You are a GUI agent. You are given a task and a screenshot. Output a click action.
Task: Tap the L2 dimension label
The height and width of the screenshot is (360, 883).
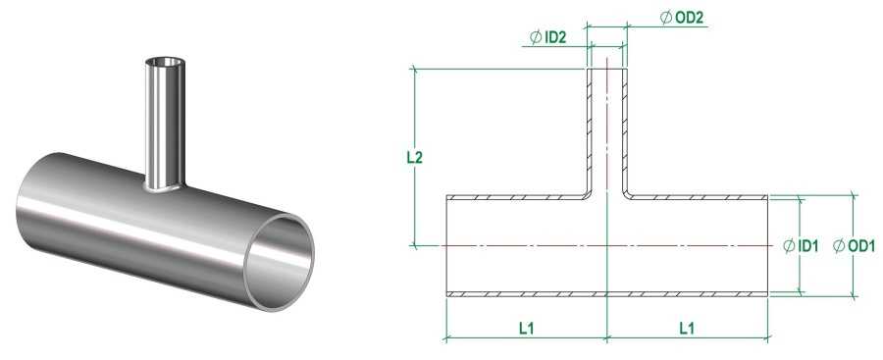click(414, 157)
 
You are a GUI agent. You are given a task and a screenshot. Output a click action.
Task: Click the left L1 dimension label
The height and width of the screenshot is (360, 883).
click(527, 328)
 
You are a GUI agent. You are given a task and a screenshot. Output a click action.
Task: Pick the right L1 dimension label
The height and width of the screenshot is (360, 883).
click(687, 328)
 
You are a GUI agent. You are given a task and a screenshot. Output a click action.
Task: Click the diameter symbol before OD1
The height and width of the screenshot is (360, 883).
click(839, 245)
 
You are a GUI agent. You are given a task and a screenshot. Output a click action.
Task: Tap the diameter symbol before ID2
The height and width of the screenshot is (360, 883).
click(536, 37)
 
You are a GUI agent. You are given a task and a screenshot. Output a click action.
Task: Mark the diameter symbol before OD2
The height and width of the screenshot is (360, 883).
click(666, 18)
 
